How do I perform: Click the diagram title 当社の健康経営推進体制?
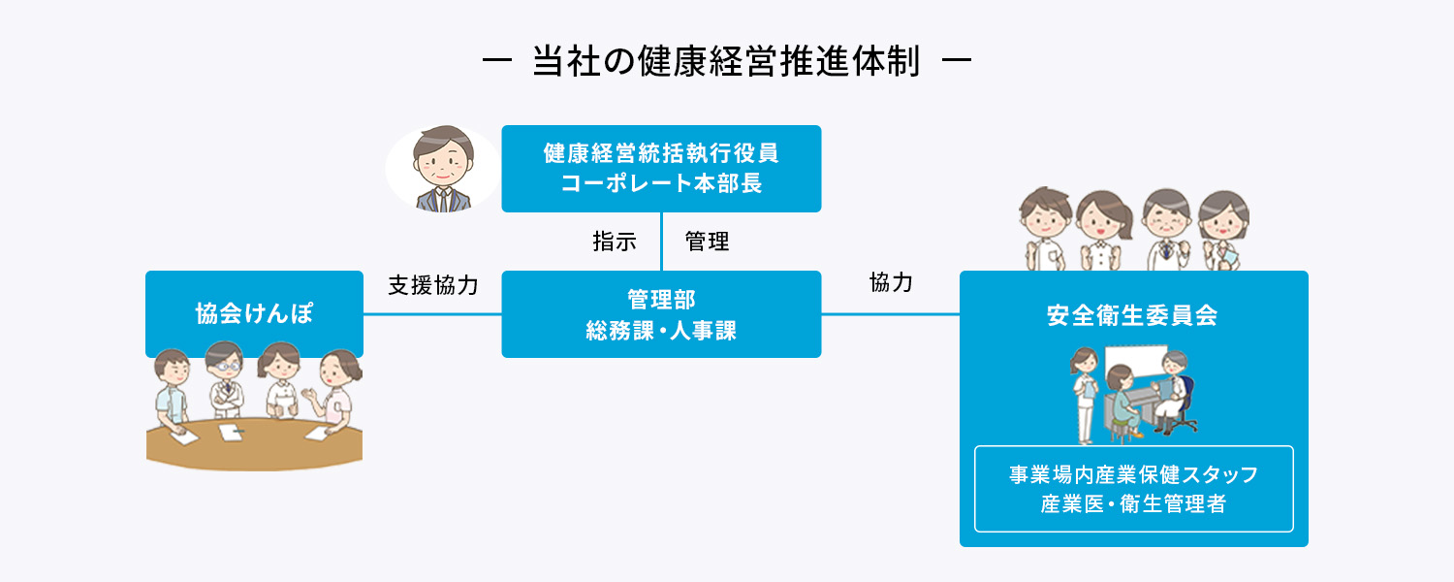tap(726, 62)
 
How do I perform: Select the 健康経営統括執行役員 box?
tap(661, 168)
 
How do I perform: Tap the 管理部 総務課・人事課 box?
tap(661, 314)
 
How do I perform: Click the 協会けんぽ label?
tap(254, 314)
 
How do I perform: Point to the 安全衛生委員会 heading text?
tap(1133, 316)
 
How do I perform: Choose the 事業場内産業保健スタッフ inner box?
tap(1133, 489)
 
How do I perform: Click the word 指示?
tap(615, 242)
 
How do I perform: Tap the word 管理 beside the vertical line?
tap(708, 242)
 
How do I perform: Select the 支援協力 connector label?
tap(433, 285)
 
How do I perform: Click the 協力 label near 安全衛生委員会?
tap(892, 283)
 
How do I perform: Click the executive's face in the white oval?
tap(441, 160)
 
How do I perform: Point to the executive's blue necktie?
tap(441, 199)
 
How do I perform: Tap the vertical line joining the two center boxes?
tap(661, 242)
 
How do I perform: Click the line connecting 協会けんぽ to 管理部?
tap(432, 314)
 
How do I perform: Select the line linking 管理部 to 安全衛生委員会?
tap(890, 314)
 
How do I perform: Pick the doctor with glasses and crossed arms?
tap(225, 383)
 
